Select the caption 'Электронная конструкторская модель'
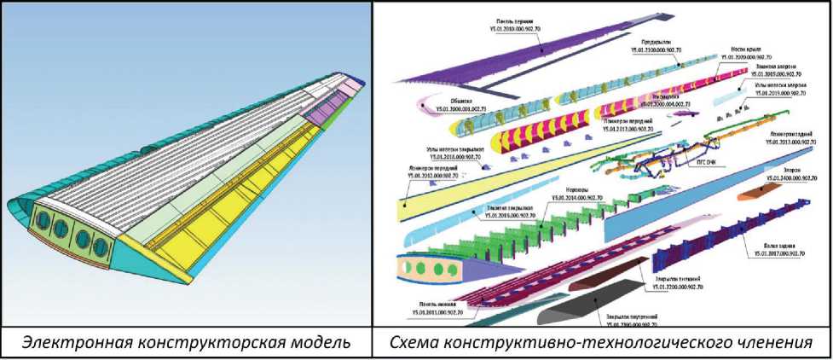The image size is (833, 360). click(187, 343)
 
